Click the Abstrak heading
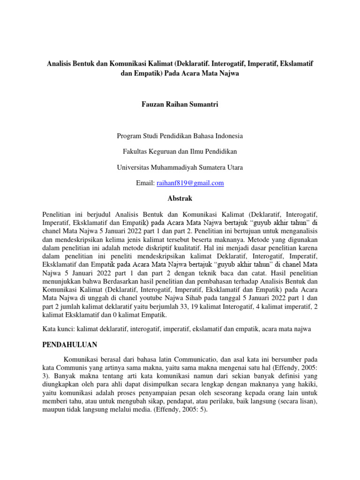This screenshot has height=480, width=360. (180, 198)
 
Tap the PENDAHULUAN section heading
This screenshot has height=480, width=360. (69, 345)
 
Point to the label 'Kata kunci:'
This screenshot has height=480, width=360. (57, 330)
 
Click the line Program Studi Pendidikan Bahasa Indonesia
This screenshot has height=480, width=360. (180, 136)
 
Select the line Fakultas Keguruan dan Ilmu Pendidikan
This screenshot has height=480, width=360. (180, 151)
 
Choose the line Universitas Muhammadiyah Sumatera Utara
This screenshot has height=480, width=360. (180, 167)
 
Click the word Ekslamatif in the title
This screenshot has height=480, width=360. (297, 62)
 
